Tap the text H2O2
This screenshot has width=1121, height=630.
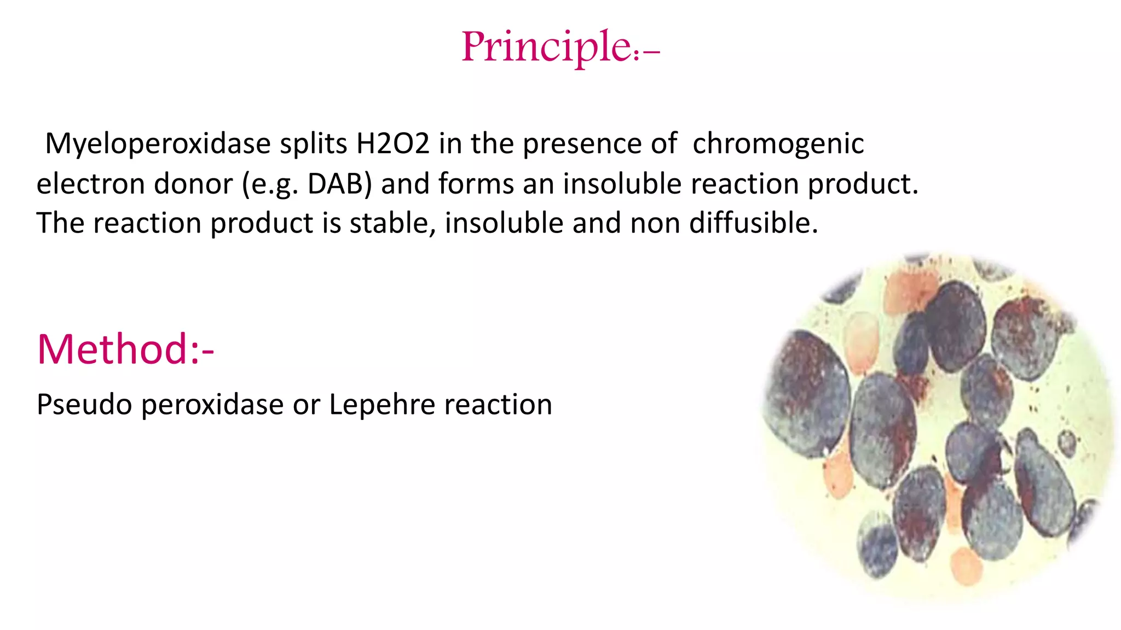click(x=392, y=144)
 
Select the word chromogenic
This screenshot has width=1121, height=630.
click(x=778, y=144)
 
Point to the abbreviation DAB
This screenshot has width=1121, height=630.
click(x=339, y=184)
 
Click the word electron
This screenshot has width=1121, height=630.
click(x=90, y=184)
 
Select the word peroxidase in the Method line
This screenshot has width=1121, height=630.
click(x=213, y=405)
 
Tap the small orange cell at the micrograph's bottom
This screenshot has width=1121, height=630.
click(x=966, y=566)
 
